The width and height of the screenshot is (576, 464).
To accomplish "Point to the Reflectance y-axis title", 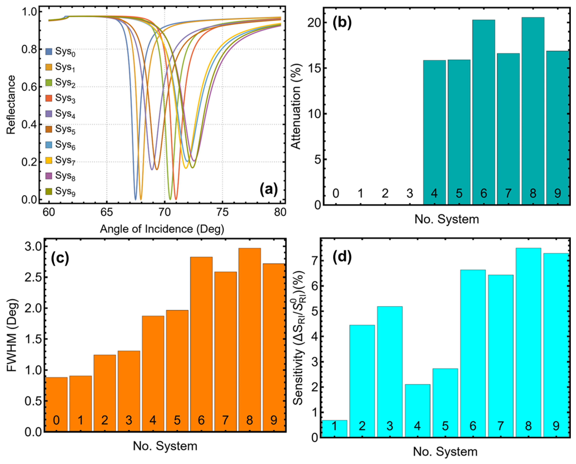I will click(11, 104).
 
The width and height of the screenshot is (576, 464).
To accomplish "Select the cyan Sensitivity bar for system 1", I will click(334, 429).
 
